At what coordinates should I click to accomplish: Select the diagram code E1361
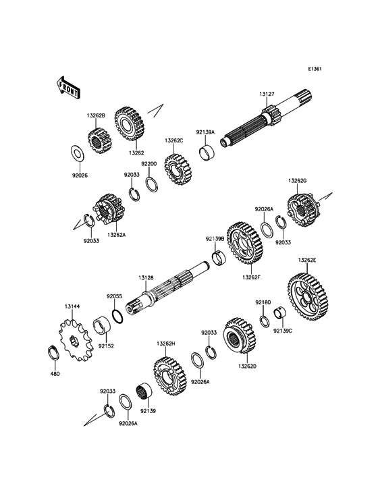point(315,69)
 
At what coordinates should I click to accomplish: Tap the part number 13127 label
point(267,94)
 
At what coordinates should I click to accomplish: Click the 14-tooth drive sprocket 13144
point(76,340)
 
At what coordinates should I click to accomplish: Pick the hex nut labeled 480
point(53,352)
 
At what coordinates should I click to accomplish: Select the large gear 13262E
point(308,297)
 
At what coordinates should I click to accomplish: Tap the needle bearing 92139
point(144,391)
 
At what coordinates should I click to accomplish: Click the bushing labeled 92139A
point(207,152)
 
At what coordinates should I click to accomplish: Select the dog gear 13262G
point(303,209)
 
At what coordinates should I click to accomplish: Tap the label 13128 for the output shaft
point(146,278)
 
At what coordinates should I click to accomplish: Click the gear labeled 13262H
point(170,376)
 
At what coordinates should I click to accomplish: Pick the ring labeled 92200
point(152,185)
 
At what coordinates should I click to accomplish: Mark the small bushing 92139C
point(279,312)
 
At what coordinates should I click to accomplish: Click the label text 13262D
point(247,366)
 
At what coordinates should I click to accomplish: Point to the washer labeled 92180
point(265,321)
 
